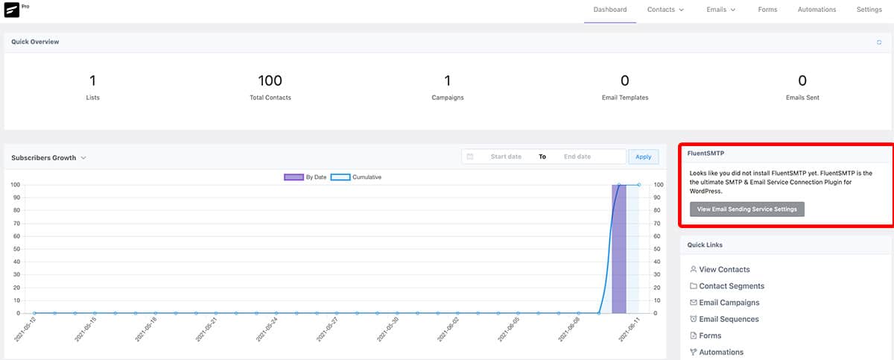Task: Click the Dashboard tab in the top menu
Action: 610,10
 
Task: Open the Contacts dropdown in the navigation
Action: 665,10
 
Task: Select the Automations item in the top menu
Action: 817,10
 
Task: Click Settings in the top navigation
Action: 869,10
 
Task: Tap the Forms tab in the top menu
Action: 767,10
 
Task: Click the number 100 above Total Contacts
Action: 270,80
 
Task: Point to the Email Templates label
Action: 625,98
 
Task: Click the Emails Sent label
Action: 802,98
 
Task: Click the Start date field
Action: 506,157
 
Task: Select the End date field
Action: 577,157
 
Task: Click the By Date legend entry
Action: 305,177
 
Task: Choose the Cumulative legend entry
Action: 356,177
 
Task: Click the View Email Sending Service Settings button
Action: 746,209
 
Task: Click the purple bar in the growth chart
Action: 619,249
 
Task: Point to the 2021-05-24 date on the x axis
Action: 267,329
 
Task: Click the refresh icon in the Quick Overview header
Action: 879,42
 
